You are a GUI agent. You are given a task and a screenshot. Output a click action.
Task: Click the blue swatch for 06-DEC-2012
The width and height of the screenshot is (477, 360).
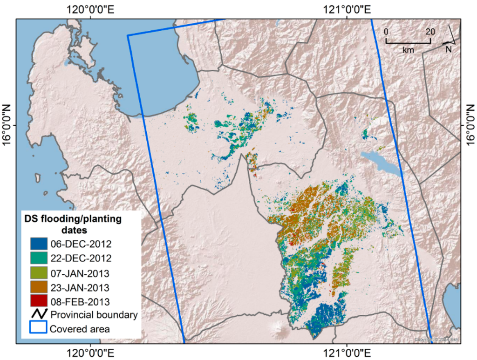click(x=38, y=243)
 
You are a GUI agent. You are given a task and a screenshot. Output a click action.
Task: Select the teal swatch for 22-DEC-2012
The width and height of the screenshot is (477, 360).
click(x=38, y=258)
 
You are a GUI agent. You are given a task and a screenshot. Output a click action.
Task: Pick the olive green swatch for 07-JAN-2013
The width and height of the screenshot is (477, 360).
click(x=38, y=272)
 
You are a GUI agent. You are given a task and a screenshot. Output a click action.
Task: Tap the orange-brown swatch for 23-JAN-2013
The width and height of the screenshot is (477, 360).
click(x=38, y=286)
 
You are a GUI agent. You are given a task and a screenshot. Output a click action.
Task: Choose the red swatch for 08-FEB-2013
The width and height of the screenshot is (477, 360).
click(x=38, y=300)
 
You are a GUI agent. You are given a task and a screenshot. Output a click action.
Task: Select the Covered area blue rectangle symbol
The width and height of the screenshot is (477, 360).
click(x=38, y=328)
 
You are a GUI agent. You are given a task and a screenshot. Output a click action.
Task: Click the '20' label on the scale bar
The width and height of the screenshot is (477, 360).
click(x=430, y=32)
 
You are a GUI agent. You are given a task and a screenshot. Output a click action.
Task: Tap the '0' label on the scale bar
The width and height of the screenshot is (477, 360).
click(x=386, y=32)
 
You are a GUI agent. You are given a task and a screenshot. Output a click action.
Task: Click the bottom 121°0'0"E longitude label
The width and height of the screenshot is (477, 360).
click(x=347, y=352)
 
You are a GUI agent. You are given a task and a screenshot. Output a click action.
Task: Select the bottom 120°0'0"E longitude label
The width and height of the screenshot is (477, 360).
click(x=88, y=352)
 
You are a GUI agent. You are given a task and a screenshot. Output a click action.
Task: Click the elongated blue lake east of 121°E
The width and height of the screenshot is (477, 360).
click(x=380, y=161)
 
